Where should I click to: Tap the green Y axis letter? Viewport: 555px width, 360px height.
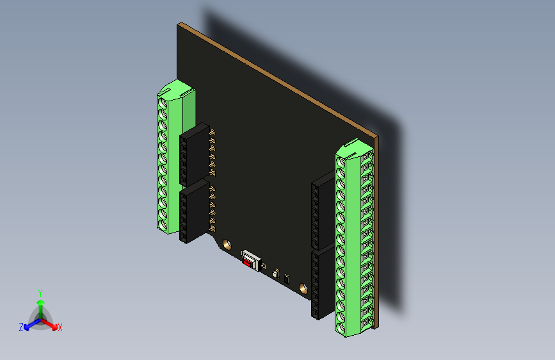[x=40, y=293]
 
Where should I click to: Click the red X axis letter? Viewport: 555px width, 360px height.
[x=60, y=327]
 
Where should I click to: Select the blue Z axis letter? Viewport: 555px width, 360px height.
[x=21, y=327]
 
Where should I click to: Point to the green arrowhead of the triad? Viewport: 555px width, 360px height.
[x=40, y=302]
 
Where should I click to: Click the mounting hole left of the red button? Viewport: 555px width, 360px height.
[x=226, y=244]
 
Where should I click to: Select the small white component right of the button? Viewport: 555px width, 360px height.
[x=276, y=274]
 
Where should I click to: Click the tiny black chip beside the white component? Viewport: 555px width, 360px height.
[x=287, y=279]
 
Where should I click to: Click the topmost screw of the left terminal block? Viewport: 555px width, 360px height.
[x=163, y=102]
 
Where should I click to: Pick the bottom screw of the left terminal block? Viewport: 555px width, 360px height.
[x=163, y=222]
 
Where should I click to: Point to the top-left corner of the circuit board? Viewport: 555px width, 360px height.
[x=179, y=25]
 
